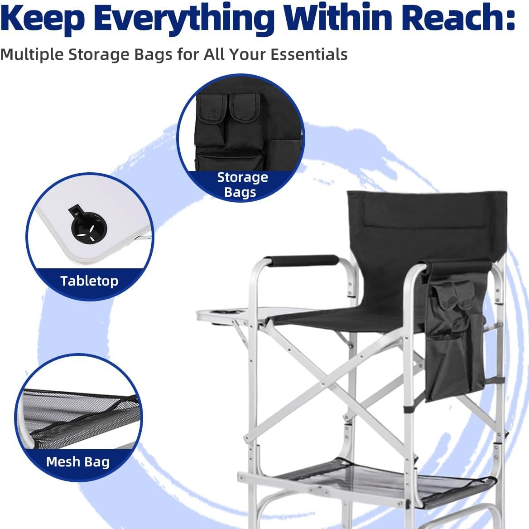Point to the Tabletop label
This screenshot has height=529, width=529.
[x=89, y=281]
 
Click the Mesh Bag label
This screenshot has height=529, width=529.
[x=78, y=461]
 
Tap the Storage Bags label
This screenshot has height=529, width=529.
[x=242, y=184]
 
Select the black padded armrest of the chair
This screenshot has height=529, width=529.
[x=302, y=260]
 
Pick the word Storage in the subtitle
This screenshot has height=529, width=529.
[x=99, y=55]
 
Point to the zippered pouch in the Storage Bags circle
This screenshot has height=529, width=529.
[x=230, y=161]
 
